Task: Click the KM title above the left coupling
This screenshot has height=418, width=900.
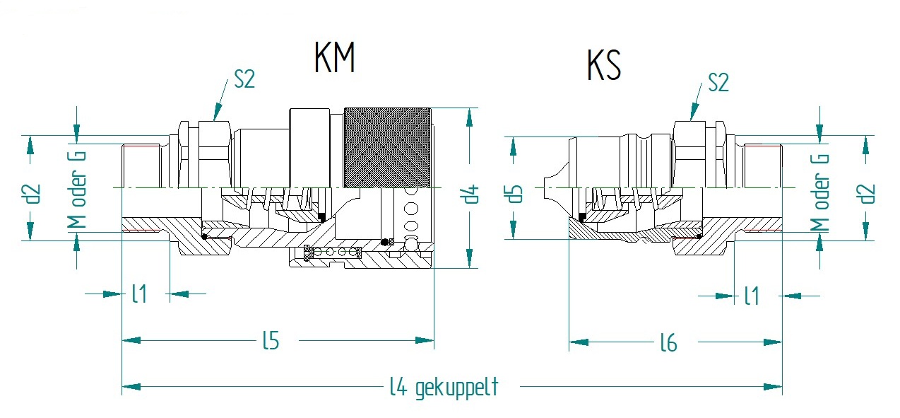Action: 335,57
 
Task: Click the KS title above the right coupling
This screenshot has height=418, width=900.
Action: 604,66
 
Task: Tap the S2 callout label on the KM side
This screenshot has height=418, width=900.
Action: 244,79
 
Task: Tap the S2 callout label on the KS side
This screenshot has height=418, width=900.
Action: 718,83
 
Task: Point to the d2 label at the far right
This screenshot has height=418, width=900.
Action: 868,194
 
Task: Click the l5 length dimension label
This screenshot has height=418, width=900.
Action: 271,341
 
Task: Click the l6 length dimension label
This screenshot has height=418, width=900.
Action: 669,343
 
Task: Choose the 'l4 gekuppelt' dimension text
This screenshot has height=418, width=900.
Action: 444,388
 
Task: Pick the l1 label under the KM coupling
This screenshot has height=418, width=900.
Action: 139,294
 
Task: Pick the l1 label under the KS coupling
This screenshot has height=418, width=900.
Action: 752,296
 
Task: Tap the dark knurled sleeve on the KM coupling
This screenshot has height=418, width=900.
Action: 388,148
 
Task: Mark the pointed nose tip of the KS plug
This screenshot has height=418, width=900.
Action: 544,187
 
